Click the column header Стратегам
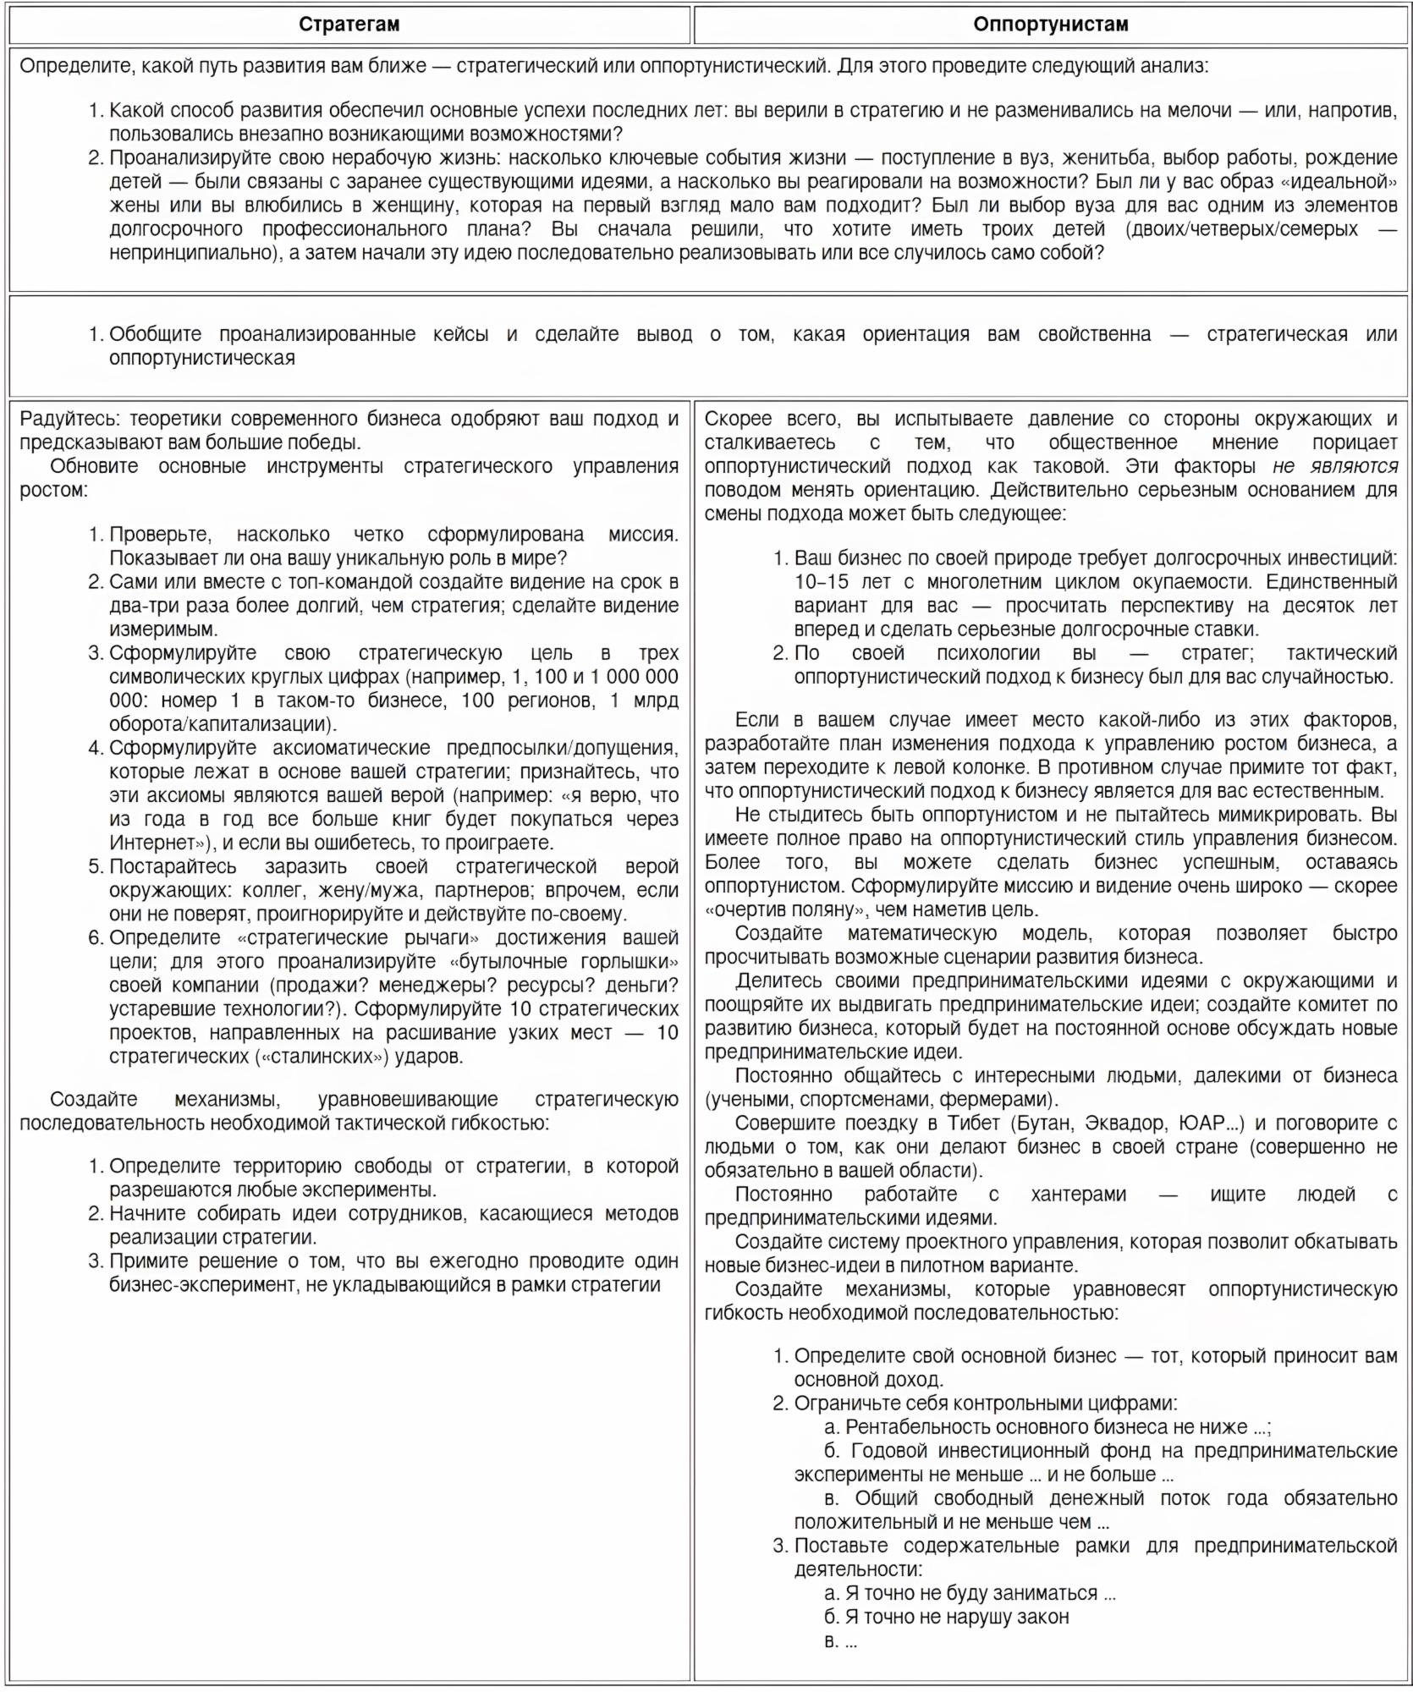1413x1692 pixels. pos(349,25)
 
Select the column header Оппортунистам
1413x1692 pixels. pos(1050,25)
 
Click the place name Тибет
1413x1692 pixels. pos(973,1123)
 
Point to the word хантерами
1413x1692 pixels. pos(1078,1195)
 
